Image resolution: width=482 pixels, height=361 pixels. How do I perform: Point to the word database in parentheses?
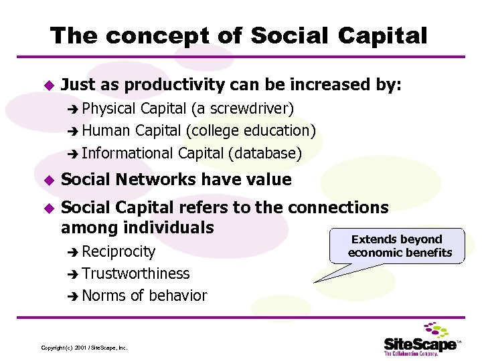click(x=264, y=153)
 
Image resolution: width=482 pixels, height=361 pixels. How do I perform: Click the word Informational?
click(x=128, y=153)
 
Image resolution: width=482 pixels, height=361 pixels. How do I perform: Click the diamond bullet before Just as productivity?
click(x=47, y=86)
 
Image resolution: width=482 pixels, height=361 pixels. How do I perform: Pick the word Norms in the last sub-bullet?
click(x=104, y=296)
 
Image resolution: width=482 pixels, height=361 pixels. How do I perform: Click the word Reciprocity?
click(x=118, y=252)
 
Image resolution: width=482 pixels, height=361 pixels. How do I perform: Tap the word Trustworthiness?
click(x=136, y=274)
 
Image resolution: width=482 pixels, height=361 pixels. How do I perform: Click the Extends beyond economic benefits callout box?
click(x=400, y=246)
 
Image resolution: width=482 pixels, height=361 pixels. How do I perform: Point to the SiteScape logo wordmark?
click(x=420, y=344)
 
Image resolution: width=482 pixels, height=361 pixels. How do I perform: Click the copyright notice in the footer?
click(x=84, y=348)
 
